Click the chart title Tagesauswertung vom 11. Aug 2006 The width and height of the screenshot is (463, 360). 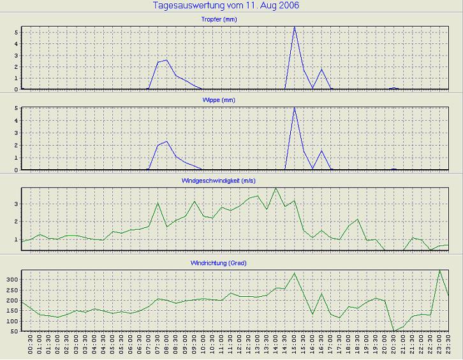click(226, 6)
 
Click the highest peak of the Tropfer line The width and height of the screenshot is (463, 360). click(295, 27)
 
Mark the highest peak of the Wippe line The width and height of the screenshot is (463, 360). click(295, 107)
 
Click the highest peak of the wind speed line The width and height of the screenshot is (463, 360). click(276, 188)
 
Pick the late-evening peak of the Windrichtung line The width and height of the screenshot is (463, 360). click(439, 270)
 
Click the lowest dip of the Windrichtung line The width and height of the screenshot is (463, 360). click(393, 331)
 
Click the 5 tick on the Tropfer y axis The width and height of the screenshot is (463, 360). click(17, 31)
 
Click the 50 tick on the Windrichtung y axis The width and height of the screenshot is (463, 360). click(14, 331)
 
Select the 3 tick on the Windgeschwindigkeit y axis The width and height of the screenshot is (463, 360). click(17, 204)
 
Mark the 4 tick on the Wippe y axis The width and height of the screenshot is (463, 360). click(17, 121)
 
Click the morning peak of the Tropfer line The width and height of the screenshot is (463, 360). click(166, 60)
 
